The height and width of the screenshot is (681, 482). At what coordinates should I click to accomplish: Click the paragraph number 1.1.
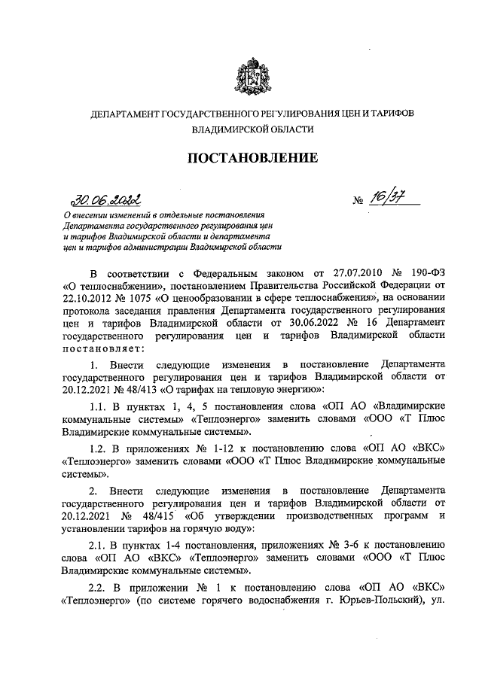pyautogui.click(x=98, y=406)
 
